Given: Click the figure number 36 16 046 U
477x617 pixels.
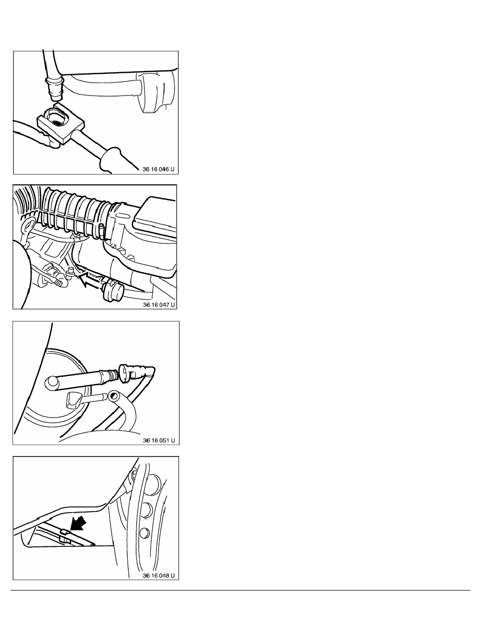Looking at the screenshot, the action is pos(158,169).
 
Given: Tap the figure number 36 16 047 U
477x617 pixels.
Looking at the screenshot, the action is pos(158,304).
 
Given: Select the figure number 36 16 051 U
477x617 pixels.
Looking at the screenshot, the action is pos(158,440).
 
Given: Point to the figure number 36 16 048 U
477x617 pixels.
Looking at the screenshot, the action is pos(158,575).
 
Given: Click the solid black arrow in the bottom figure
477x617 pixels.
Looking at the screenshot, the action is pos(78,524).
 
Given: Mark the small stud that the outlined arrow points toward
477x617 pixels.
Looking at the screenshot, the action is pos(71,273).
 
